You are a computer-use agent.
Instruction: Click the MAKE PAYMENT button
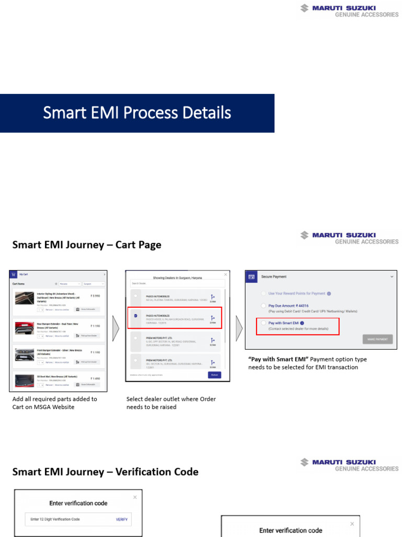[377, 339]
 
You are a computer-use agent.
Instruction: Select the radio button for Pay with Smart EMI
[263, 323]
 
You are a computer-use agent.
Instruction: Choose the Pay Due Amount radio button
[263, 305]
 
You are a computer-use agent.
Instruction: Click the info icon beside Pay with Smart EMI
[302, 323]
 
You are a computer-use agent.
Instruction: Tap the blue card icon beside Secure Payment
[252, 276]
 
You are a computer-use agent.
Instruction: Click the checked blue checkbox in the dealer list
[136, 316]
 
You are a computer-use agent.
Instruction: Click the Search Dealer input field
[177, 283]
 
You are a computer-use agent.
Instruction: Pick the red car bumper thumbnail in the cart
[24, 328]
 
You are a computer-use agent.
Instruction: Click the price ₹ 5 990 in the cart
[95, 296]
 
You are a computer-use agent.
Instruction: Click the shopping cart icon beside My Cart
[13, 274]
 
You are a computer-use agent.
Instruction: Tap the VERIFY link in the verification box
[121, 519]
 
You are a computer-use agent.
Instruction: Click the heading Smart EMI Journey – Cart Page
[87, 245]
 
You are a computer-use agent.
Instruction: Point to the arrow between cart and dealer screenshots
[116, 329]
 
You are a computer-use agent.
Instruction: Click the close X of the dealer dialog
[226, 274]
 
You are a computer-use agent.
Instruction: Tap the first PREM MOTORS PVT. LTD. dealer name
[160, 338]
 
